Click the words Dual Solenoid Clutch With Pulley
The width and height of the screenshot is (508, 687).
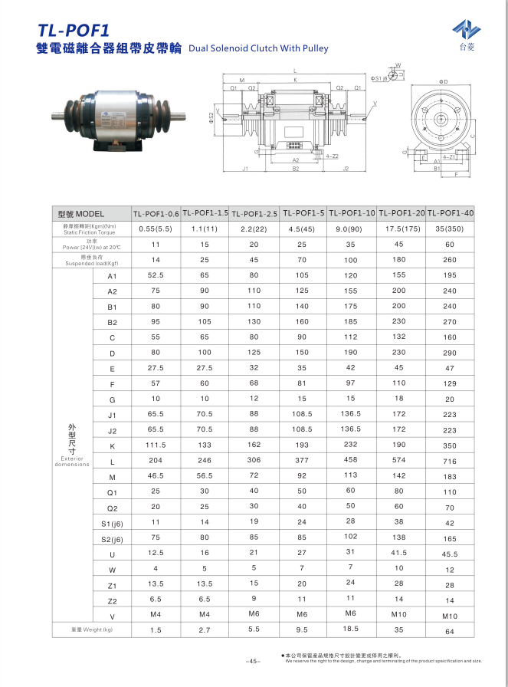257,48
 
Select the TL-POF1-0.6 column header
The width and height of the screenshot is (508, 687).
156,214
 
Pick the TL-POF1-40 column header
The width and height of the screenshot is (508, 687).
450,213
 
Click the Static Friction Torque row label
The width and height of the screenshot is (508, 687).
90,228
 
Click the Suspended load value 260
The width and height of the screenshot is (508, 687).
450,261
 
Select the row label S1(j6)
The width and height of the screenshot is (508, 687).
112,523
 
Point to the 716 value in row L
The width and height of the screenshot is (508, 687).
450,462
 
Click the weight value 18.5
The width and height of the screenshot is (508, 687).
350,629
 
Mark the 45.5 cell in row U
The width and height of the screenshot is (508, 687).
450,554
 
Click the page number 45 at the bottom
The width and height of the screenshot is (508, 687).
254,662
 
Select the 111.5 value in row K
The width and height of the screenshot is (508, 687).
156,445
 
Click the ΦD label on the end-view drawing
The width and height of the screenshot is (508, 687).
443,81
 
